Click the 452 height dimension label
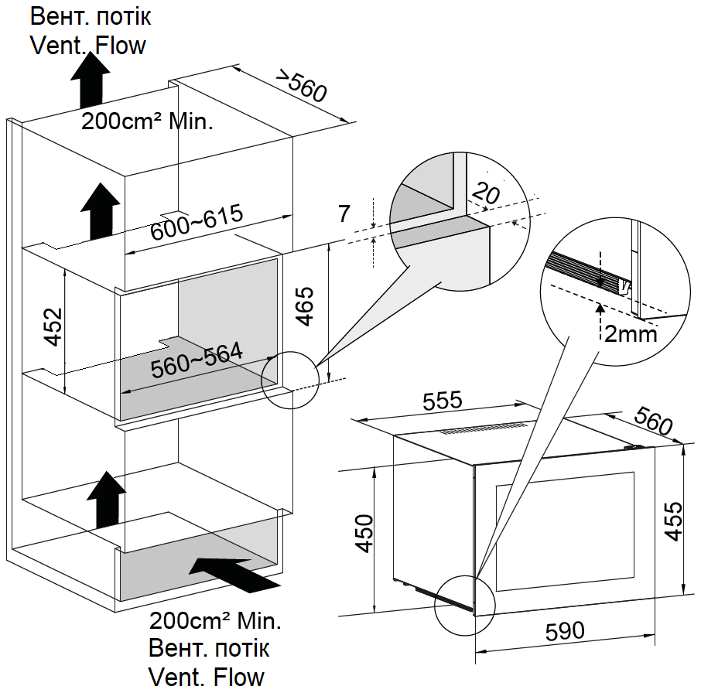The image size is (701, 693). click(x=52, y=327)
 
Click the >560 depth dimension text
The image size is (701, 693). click(x=302, y=86)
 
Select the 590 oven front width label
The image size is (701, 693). click(x=565, y=631)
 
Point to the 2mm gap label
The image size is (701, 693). click(x=631, y=334)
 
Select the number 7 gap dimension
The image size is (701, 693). click(x=344, y=214)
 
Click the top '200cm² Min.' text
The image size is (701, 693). click(x=147, y=121)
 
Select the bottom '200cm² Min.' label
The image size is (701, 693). click(x=215, y=620)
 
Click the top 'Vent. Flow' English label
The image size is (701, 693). click(x=87, y=45)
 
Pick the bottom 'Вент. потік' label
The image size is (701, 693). click(x=209, y=647)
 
